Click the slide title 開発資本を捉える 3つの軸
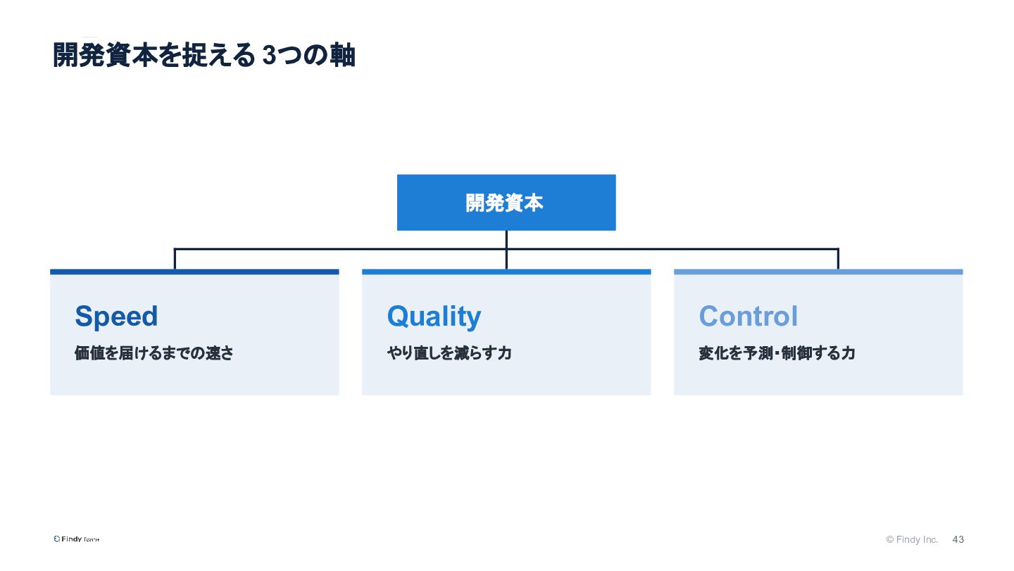click(x=204, y=55)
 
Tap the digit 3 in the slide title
click(x=269, y=55)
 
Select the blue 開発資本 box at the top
click(x=506, y=202)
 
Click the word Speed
click(x=116, y=316)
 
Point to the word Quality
click(x=434, y=317)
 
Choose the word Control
click(x=749, y=316)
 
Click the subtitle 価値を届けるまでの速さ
click(x=154, y=353)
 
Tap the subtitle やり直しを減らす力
click(x=449, y=353)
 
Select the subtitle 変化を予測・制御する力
click(x=777, y=353)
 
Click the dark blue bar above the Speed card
click(x=194, y=272)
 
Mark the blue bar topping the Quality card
click(x=506, y=272)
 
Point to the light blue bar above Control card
click(x=818, y=272)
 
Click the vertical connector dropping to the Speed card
click(x=175, y=259)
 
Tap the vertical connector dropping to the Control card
click(x=838, y=259)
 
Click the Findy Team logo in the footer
click(x=77, y=539)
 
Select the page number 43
click(x=958, y=539)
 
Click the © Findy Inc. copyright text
click(x=912, y=539)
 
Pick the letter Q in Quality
click(x=399, y=316)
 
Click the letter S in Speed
click(x=84, y=316)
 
